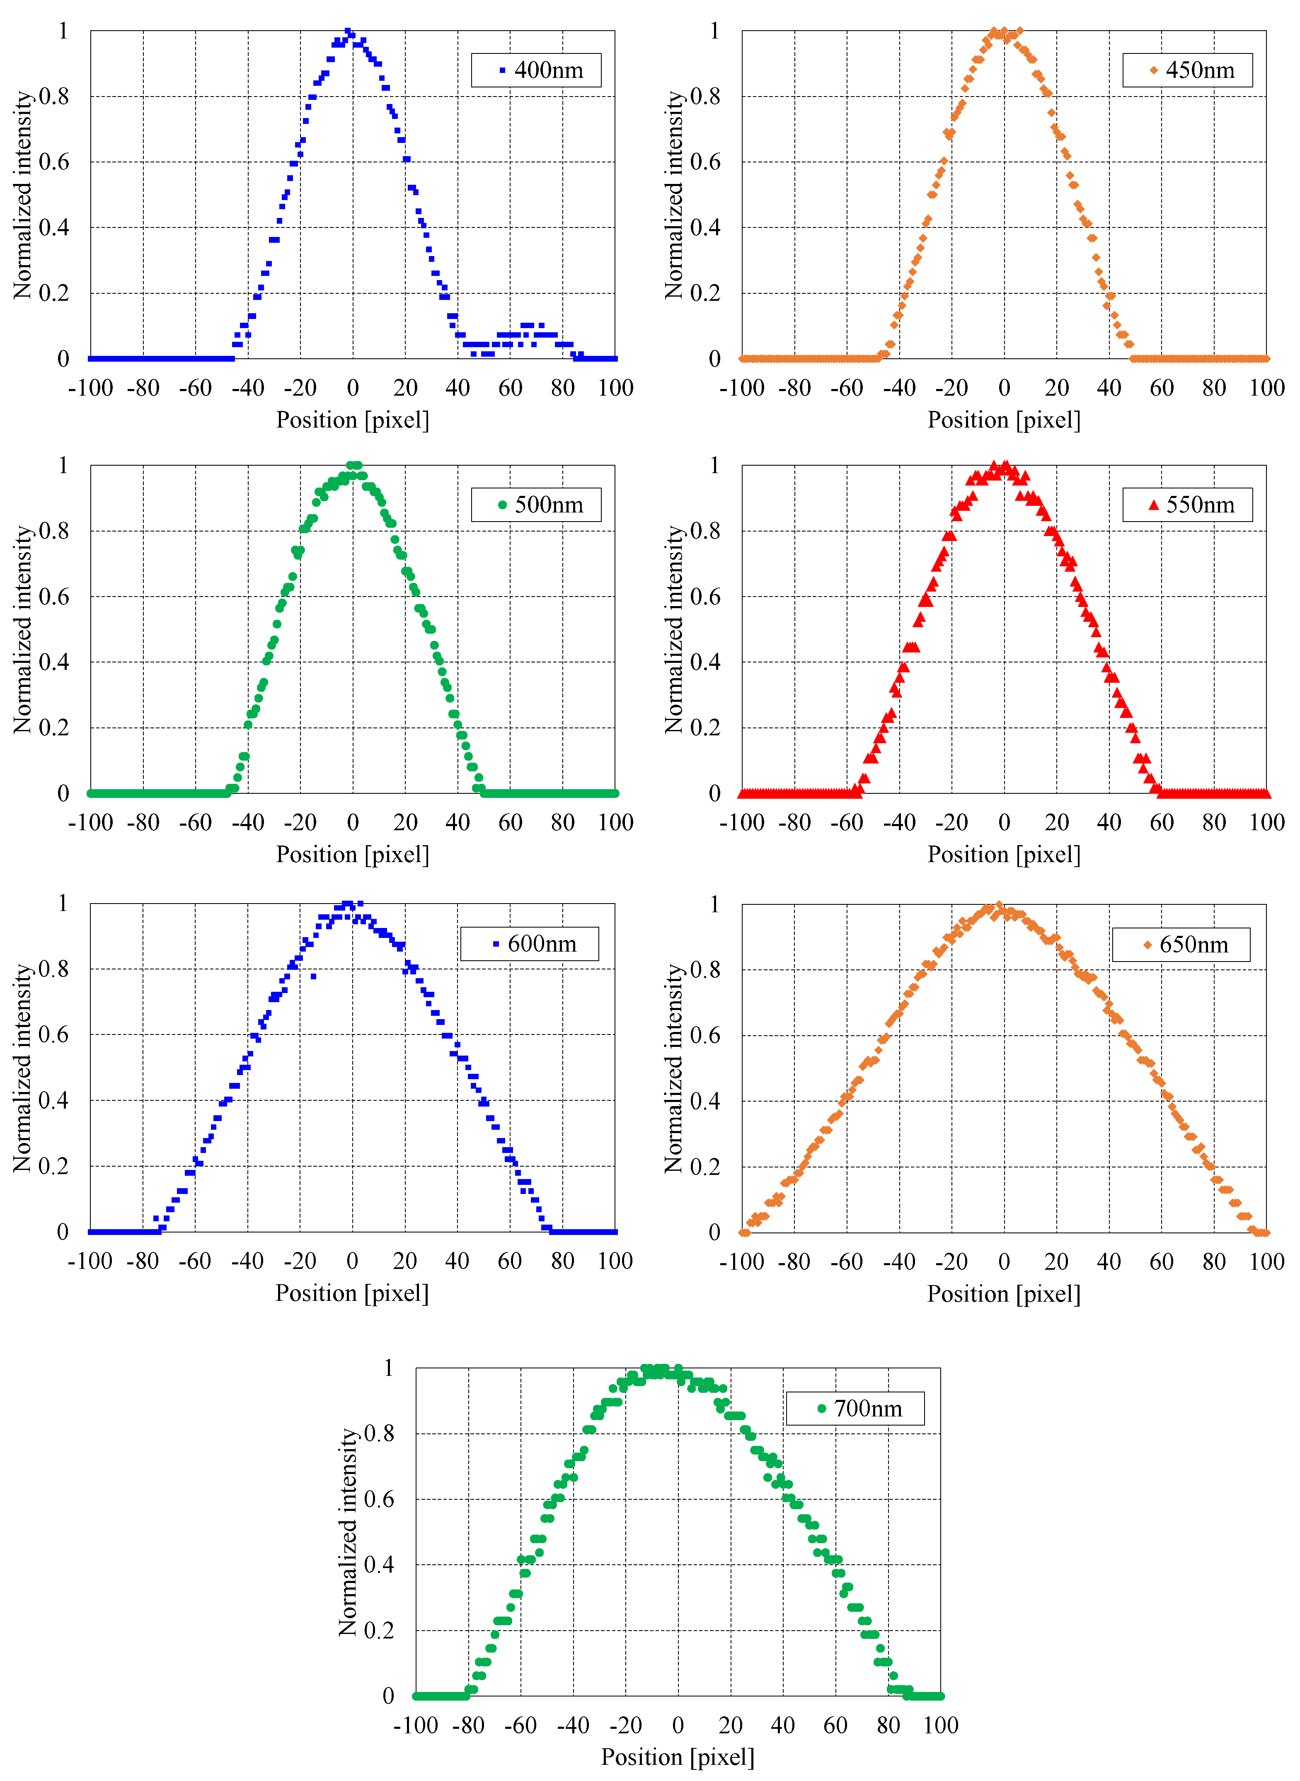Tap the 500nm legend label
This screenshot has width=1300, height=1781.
click(x=549, y=505)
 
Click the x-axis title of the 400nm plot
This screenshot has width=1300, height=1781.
click(x=353, y=420)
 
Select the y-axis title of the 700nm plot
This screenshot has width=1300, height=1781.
click(x=347, y=1532)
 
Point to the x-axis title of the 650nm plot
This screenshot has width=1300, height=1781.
click(x=1003, y=1294)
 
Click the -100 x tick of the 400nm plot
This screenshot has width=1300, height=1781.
click(x=90, y=388)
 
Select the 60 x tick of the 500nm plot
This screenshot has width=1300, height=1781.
click(x=510, y=823)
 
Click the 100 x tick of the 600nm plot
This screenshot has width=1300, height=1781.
click(x=615, y=1261)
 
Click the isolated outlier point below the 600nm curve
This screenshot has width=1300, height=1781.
click(x=313, y=976)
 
